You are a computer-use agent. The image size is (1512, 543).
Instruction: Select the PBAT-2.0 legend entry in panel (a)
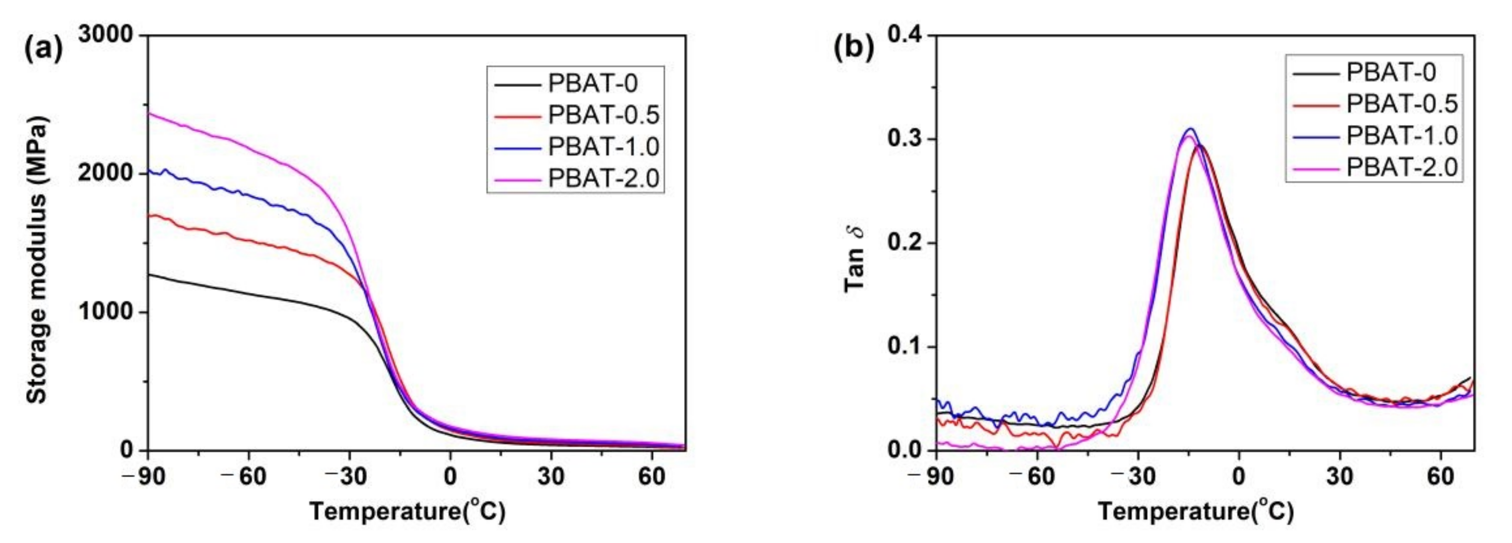point(603,178)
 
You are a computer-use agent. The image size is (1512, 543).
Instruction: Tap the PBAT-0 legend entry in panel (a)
point(593,84)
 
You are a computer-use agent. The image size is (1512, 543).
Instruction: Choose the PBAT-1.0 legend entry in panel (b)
point(1401,135)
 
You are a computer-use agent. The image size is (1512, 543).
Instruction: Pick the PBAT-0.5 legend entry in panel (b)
point(1401,104)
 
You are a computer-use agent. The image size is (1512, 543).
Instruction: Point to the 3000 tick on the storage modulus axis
point(106,36)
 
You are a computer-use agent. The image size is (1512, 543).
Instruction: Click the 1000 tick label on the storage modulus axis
point(106,312)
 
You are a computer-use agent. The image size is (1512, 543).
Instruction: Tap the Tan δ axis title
point(855,260)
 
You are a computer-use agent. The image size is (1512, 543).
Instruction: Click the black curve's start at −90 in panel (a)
point(148,274)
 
